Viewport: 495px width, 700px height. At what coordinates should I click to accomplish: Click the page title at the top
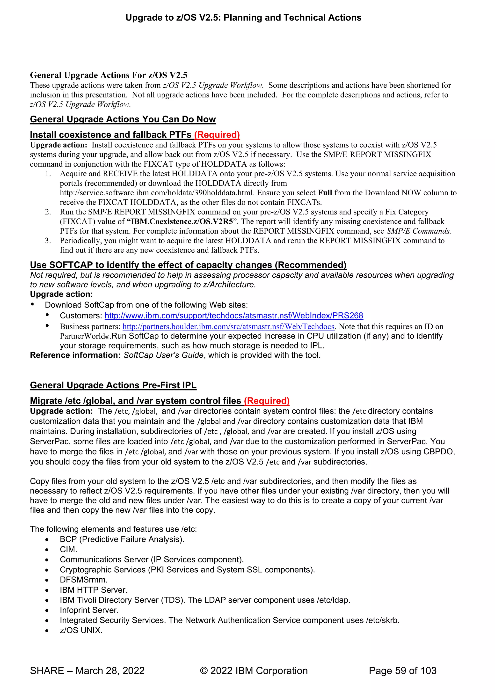[243, 18]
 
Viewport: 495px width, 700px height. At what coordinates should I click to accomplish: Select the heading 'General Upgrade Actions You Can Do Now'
[123, 119]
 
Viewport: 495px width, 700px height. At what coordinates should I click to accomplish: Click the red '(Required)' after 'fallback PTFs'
[217, 135]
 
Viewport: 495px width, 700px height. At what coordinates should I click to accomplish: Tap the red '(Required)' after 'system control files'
[267, 401]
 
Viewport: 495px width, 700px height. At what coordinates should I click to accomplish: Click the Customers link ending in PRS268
[234, 316]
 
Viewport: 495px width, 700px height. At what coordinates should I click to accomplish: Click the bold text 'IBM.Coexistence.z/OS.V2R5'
[182, 221]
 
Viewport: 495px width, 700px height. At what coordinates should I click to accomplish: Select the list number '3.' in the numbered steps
[48, 241]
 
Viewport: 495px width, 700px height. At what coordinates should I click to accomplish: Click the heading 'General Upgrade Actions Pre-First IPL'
[113, 385]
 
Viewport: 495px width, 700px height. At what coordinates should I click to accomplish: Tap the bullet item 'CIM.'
[69, 549]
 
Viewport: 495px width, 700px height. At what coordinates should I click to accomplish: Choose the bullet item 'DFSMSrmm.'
[84, 580]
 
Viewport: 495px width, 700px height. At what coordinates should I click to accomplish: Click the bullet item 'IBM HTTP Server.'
[94, 590]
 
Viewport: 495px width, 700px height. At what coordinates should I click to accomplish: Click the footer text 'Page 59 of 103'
[402, 671]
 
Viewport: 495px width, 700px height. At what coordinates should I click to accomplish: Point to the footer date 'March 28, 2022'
[110, 671]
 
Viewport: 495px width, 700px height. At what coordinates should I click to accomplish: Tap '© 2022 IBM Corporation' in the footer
[254, 671]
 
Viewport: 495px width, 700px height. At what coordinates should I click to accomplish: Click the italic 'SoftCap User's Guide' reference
[163, 355]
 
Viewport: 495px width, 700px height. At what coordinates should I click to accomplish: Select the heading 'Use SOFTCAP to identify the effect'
[188, 265]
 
